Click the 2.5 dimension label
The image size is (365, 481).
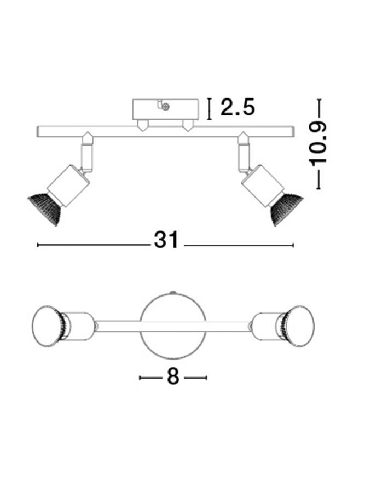(x=237, y=107)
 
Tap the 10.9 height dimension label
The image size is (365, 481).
(x=318, y=144)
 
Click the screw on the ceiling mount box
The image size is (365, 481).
(x=166, y=107)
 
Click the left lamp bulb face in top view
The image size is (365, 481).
(x=46, y=326)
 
